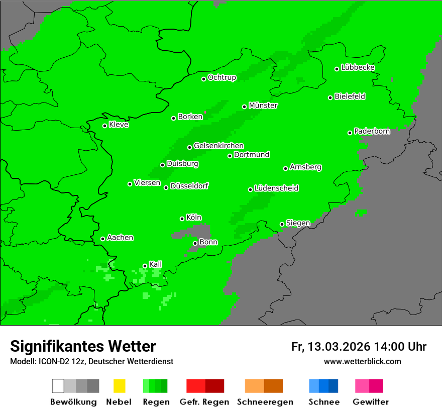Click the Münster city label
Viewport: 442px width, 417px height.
tap(263, 106)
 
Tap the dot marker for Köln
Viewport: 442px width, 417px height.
tap(182, 219)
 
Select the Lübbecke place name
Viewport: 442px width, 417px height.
tap(358, 67)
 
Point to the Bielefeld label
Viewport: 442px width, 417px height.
tap(350, 96)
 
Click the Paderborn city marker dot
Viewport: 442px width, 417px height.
tap(350, 133)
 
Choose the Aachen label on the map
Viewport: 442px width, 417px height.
tap(120, 238)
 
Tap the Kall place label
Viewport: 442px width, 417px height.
tap(155, 264)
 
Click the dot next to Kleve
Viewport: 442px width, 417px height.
tap(104, 126)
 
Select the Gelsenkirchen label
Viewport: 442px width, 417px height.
tap(218, 146)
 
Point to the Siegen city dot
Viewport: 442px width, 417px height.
tap(282, 224)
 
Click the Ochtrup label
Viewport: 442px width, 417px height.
tap(222, 78)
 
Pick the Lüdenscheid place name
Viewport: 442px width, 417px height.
tap(276, 188)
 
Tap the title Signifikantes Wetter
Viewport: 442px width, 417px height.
tap(83, 346)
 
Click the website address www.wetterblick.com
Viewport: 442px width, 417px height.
tap(362, 361)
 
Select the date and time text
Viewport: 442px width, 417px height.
tap(359, 347)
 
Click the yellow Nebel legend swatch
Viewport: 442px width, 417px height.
tap(119, 386)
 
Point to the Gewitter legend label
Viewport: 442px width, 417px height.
tap(371, 402)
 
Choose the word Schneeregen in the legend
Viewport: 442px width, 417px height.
tap(265, 402)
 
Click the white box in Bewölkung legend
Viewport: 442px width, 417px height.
tap(58, 386)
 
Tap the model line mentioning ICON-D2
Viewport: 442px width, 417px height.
tap(91, 361)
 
